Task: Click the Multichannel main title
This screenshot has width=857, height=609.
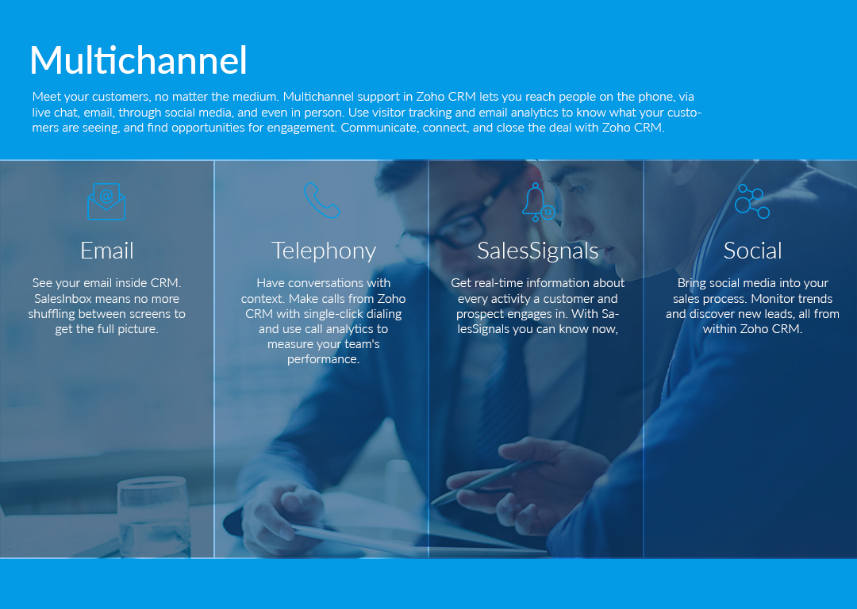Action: (x=138, y=60)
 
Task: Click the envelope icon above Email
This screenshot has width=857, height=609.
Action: (x=106, y=201)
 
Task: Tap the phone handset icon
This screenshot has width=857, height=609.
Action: (x=321, y=200)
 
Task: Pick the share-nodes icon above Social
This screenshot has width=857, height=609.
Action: (x=752, y=201)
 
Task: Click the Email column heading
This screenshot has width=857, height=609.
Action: (x=106, y=251)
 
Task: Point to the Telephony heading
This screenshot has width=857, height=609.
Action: (x=324, y=251)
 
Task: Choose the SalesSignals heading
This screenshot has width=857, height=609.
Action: (x=538, y=251)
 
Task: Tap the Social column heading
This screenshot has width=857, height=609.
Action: (x=752, y=251)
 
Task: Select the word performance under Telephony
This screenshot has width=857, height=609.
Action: (x=322, y=360)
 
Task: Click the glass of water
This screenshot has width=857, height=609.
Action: (x=154, y=517)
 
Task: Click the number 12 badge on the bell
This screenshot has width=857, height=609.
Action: (x=548, y=212)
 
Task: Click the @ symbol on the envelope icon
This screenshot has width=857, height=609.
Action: (x=106, y=196)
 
